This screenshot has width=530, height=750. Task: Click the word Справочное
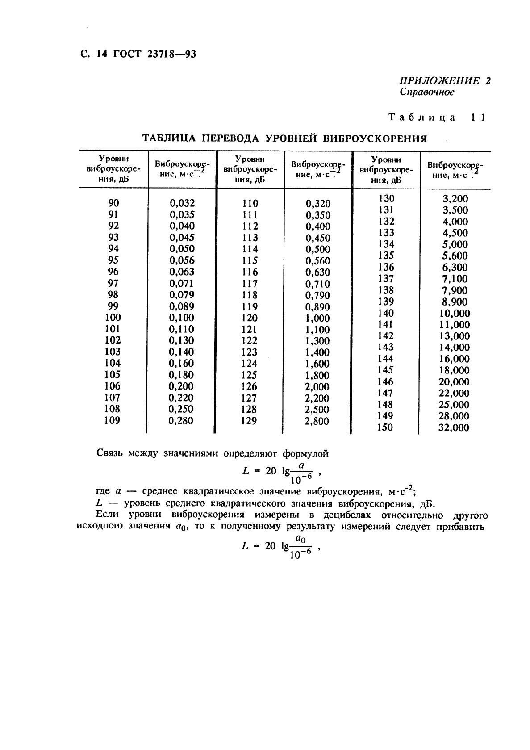427,92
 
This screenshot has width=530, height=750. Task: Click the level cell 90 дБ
114,203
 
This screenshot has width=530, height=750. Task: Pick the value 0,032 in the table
182,203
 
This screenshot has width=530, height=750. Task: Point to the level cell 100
113,317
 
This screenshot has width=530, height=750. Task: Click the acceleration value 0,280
181,421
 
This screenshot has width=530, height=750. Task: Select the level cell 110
250,204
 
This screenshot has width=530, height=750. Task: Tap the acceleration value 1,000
317,318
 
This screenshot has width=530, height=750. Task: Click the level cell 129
249,421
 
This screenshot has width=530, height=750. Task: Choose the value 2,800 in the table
317,421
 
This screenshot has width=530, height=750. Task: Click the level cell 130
386,198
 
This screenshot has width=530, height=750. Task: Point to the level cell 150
385,427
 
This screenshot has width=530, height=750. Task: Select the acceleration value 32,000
454,428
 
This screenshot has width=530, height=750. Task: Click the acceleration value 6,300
455,268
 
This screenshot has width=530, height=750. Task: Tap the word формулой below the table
305,453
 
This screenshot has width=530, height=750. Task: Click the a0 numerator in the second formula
301,540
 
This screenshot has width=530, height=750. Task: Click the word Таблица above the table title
422,117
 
